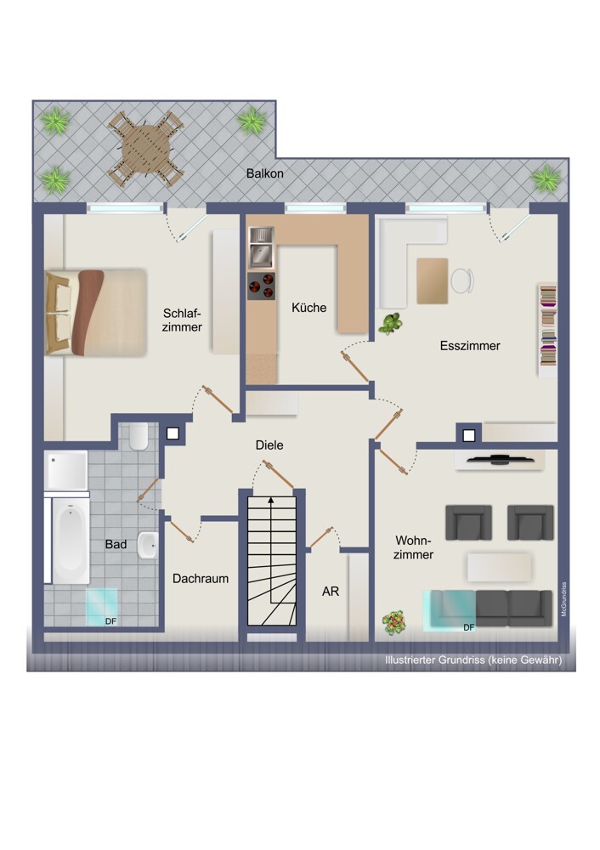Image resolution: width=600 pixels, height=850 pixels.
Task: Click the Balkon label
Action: point(264,173)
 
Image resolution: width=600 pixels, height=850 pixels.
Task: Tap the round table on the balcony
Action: point(146,148)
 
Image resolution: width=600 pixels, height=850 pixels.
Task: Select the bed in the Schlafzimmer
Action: point(96,312)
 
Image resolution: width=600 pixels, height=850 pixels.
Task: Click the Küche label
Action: point(309,308)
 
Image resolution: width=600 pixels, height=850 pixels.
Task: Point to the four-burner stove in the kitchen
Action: point(261,286)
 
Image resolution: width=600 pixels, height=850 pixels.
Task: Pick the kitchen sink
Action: point(261,247)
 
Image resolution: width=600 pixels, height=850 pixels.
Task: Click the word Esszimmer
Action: point(470,346)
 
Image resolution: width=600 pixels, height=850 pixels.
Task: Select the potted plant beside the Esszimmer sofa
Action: point(390,324)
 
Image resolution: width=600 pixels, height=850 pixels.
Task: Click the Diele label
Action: point(269,445)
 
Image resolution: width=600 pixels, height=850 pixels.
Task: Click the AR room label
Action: point(331,592)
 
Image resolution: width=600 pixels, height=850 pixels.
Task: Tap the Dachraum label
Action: point(201,578)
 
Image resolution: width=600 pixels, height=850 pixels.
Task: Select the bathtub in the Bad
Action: point(71,541)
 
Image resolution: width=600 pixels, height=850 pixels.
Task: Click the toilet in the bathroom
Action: point(139,436)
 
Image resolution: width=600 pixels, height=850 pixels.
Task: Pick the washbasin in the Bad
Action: point(147,545)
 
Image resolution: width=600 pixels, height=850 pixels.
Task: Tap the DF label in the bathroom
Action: point(110,621)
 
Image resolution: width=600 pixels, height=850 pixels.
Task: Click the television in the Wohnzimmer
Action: point(499,460)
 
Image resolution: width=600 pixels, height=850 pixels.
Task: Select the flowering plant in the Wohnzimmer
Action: point(394,622)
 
